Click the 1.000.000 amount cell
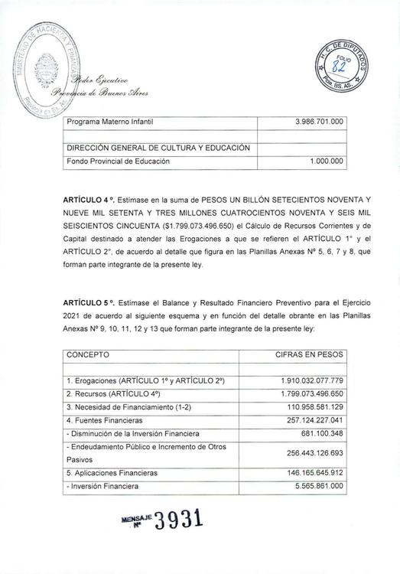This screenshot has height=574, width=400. click(x=327, y=161)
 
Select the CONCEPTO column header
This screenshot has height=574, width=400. click(x=88, y=355)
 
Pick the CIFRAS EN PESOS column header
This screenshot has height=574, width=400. click(x=309, y=355)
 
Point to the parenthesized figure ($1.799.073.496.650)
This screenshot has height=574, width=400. click(x=206, y=226)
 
